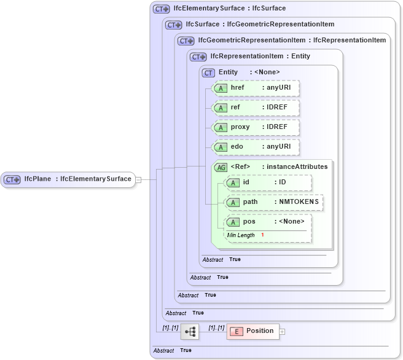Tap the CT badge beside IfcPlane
[13, 179]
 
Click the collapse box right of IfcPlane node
[138, 179]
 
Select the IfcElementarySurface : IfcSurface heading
[229, 9]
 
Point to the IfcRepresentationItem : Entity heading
[260, 56]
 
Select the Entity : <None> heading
[249, 72]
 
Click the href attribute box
[255, 88]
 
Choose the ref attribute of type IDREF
[255, 108]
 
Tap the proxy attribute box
[255, 127]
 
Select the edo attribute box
[255, 147]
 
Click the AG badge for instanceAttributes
[220, 166]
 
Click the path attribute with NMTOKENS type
[273, 202]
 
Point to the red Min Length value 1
[262, 235]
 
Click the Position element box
[253, 331]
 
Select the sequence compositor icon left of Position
[190, 332]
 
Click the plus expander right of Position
[283, 332]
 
